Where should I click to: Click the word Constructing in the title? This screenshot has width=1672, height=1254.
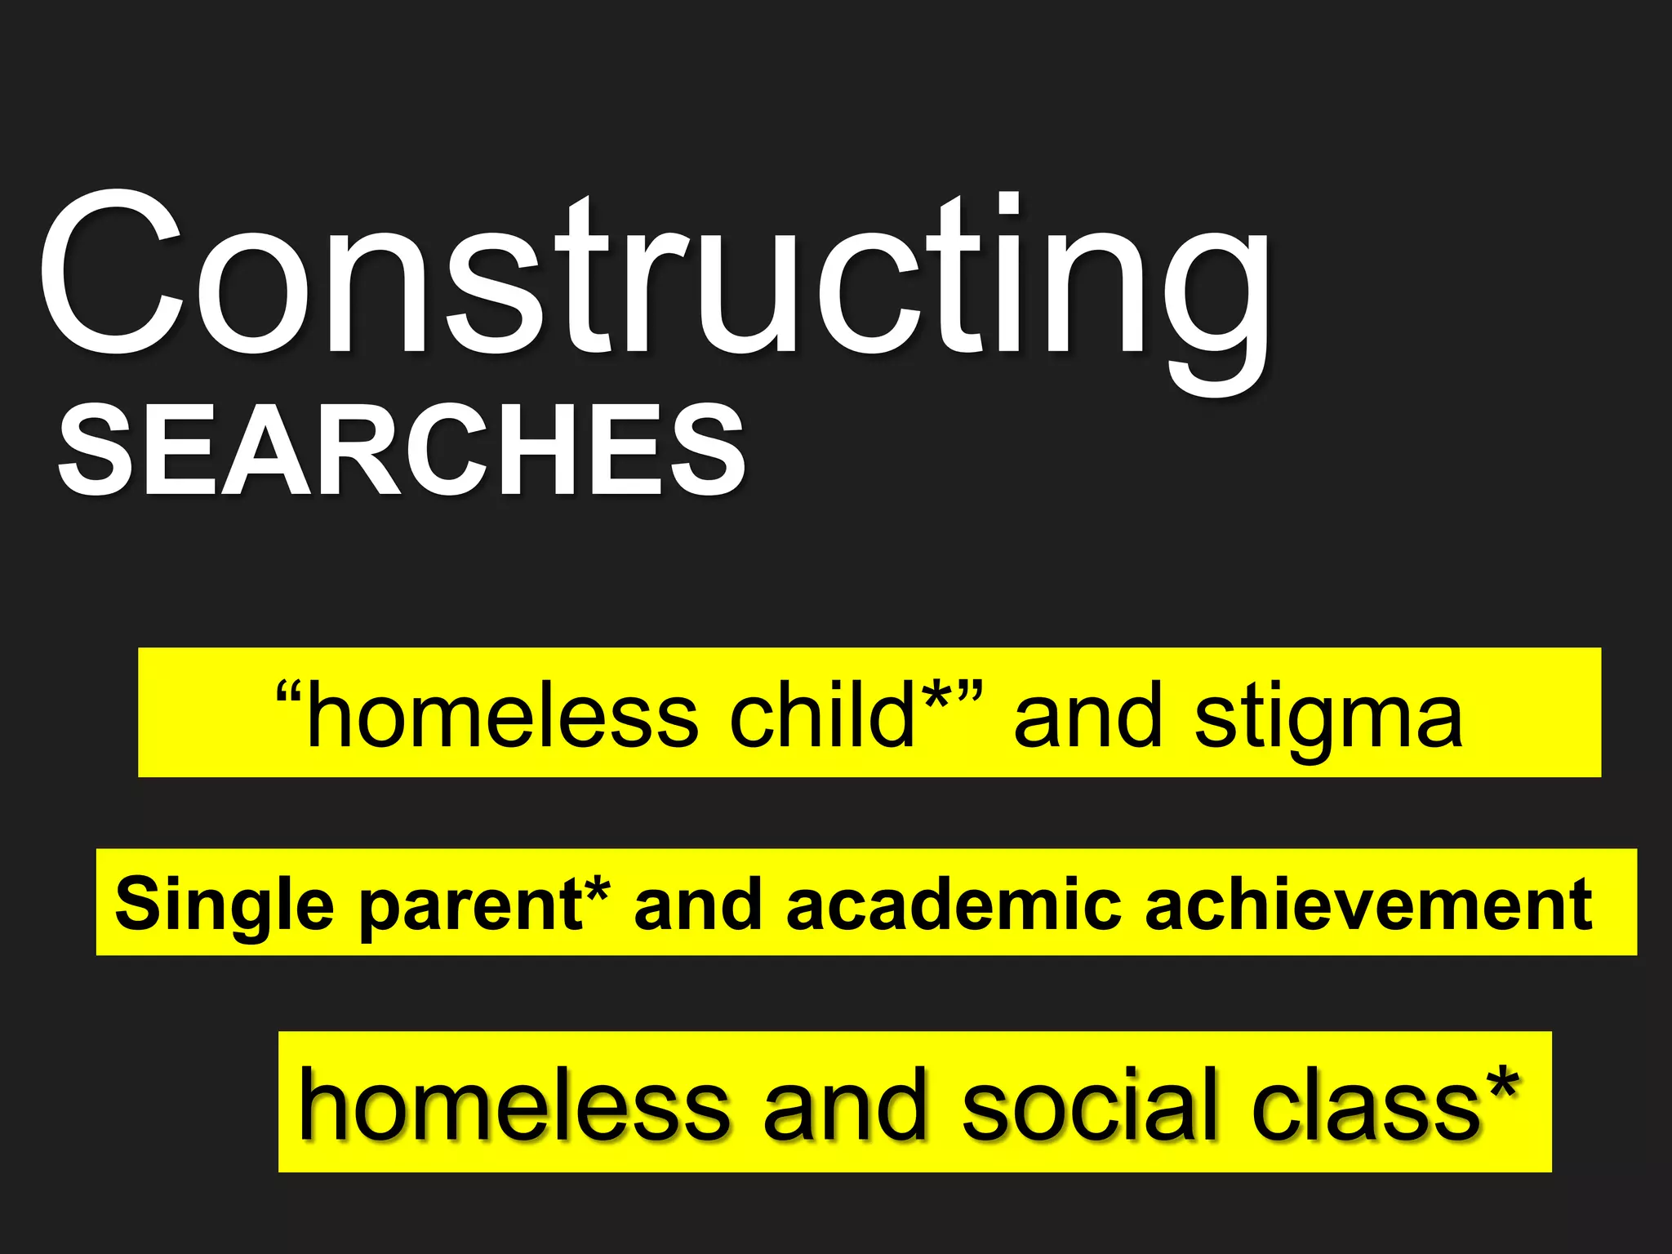pyautogui.click(x=653, y=278)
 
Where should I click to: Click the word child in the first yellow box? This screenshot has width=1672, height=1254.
pyautogui.click(x=821, y=715)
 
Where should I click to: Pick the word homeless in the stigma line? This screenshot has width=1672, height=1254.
pyautogui.click(x=501, y=715)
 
